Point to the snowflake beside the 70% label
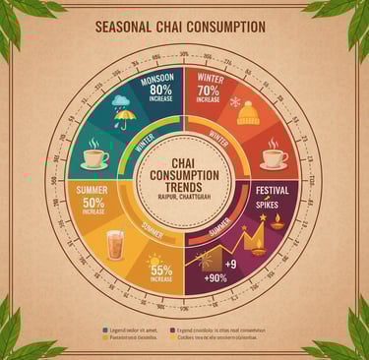click(234, 100)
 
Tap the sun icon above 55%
click(154, 261)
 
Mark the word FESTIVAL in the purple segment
click(271, 188)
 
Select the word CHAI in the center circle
click(184, 161)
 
